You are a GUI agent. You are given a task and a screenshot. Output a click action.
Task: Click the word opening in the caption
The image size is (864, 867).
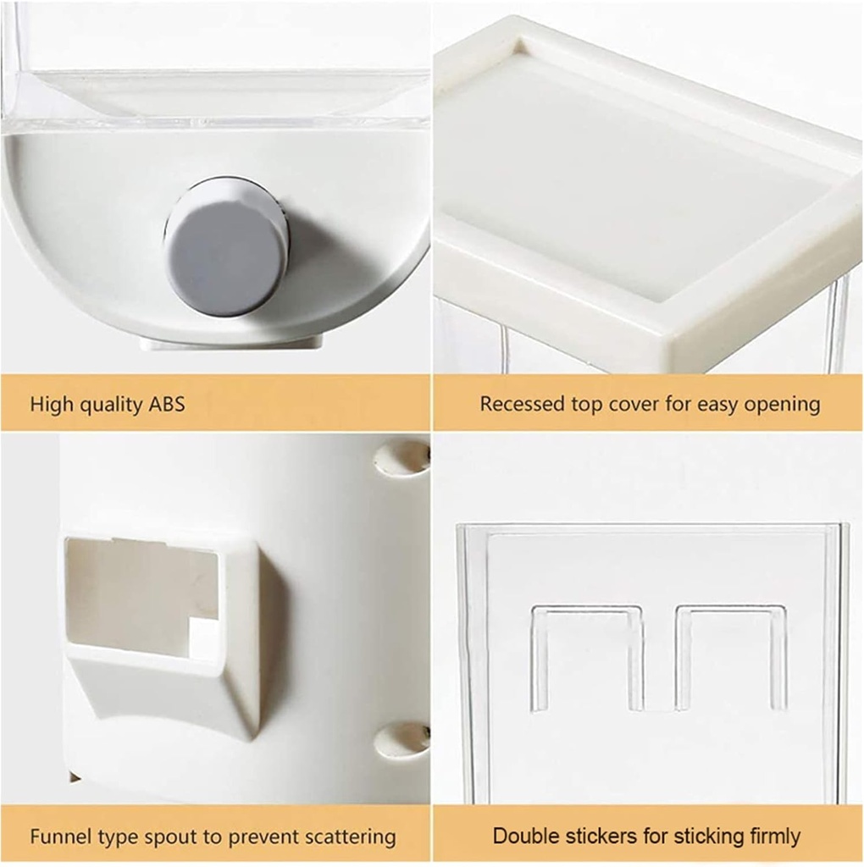click(782, 405)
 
